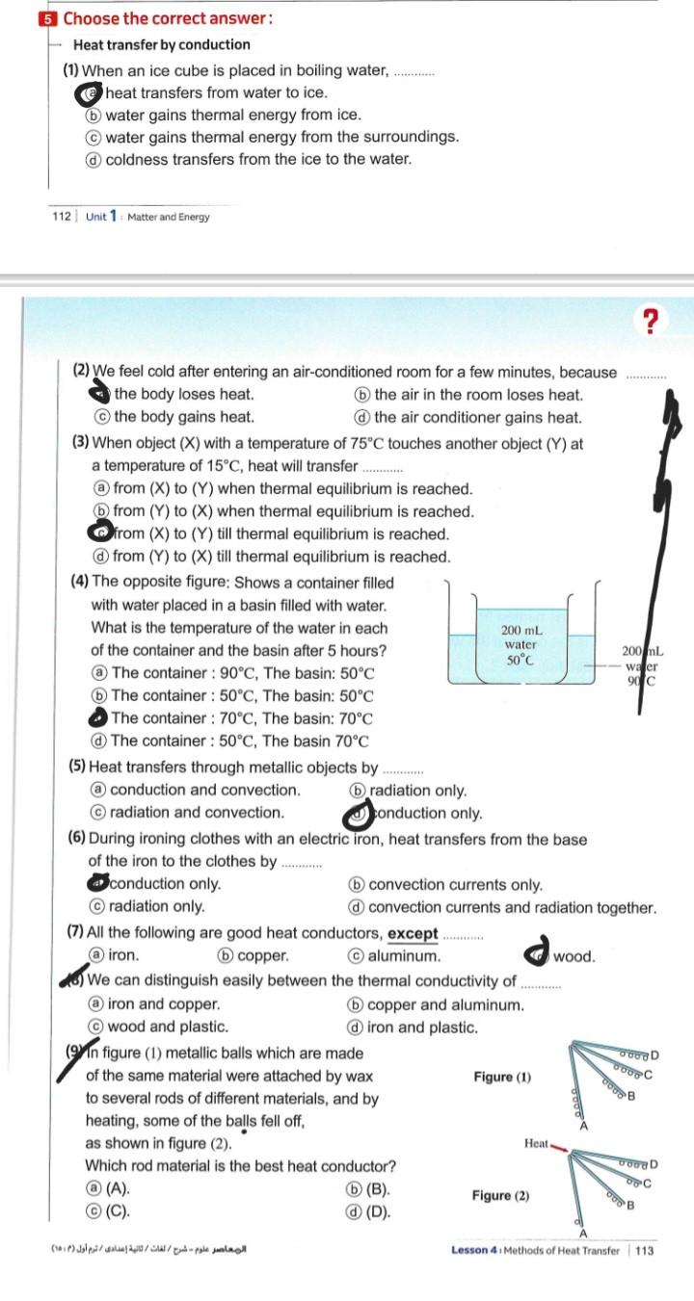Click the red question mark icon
[654, 321]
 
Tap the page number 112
[62, 217]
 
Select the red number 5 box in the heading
[50, 18]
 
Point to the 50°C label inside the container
[520, 661]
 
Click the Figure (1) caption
[502, 1077]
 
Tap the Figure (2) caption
[500, 1195]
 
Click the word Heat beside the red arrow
[536, 1143]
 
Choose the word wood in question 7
[574, 956]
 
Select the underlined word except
[413, 934]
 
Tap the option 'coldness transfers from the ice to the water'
[257, 159]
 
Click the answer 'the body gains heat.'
[184, 417]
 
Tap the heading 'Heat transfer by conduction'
[162, 44]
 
